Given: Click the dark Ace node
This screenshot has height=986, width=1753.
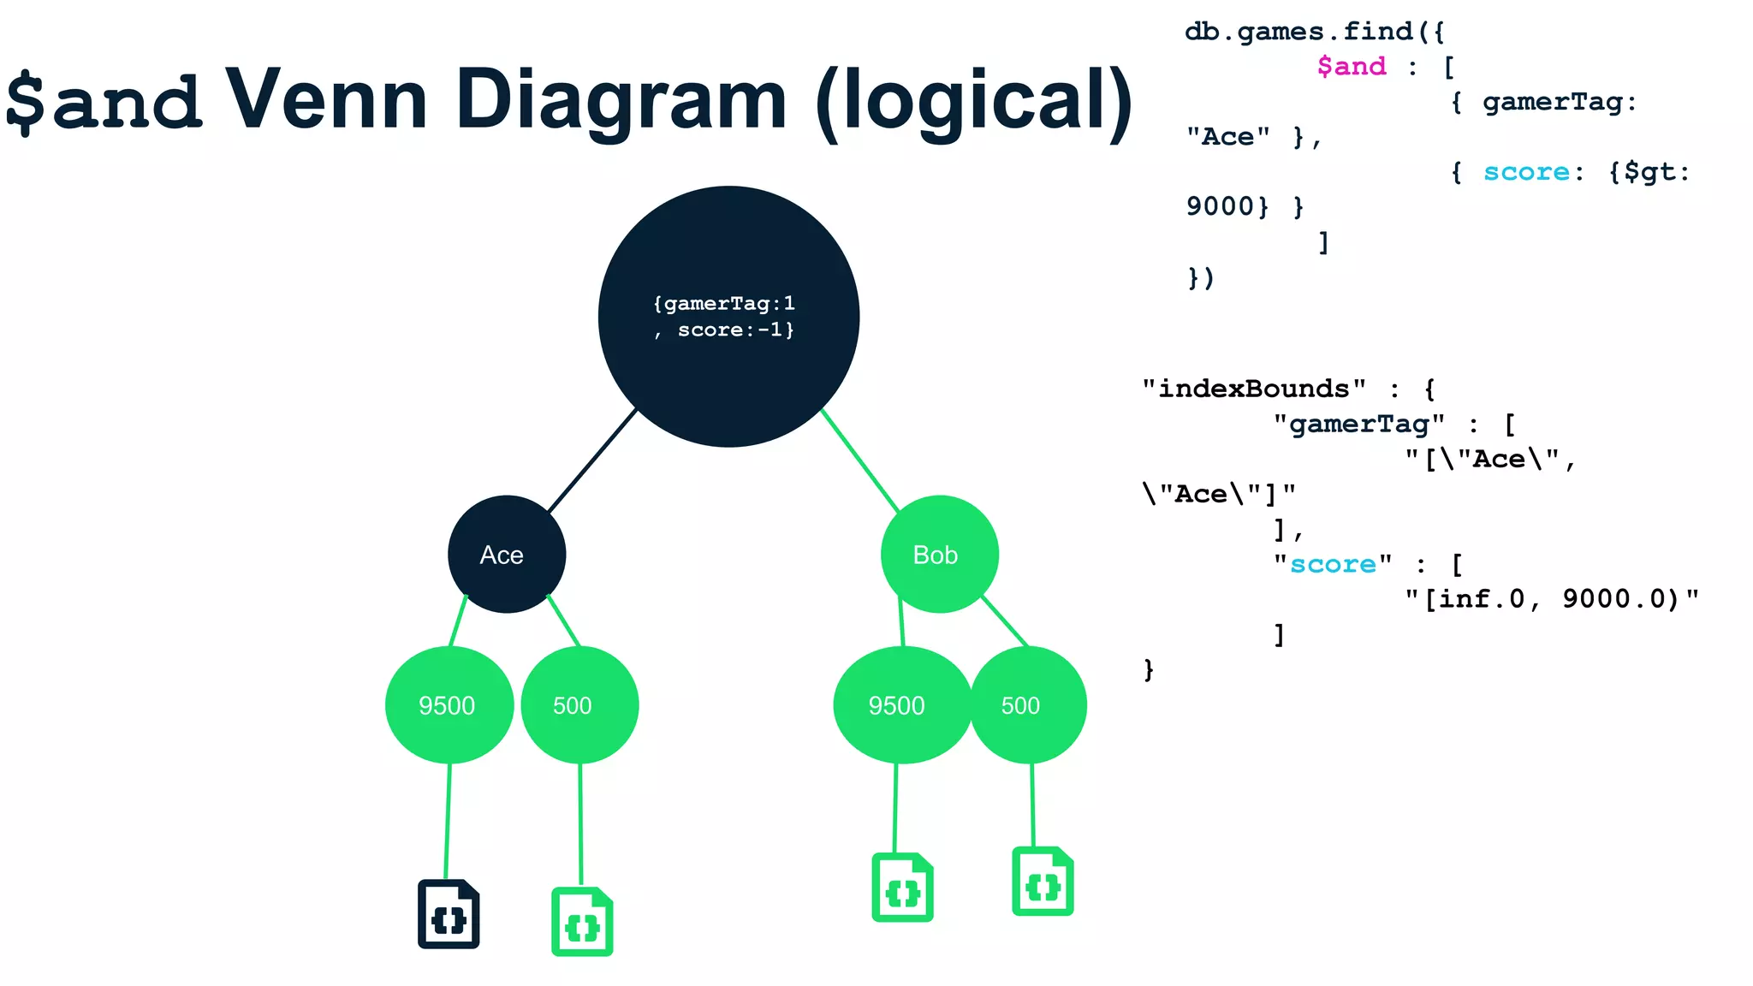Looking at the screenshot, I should point(507,555).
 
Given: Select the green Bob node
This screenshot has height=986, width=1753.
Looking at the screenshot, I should point(939,555).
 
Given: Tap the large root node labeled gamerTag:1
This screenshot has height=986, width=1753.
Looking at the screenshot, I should point(728,317).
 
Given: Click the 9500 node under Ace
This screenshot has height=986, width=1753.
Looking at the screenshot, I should point(449,705).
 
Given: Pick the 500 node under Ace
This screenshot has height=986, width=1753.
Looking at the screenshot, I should point(579,705).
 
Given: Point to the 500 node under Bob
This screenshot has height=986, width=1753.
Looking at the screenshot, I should point(1028,705).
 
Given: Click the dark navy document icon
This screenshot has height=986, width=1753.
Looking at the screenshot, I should point(449,914).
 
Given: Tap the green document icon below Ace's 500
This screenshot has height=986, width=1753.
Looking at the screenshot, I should point(582,922).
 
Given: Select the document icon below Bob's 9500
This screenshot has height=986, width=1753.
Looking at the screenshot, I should point(902,888).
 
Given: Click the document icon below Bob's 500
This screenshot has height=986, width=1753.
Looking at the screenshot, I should point(1043,882).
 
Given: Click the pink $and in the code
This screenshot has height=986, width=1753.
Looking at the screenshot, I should point(1351,67).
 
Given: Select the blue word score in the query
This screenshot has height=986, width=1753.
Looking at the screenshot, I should point(1526,172).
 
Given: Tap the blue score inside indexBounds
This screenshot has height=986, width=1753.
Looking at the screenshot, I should point(1333,565).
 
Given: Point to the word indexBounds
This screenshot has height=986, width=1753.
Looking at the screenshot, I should point(1253,389).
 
